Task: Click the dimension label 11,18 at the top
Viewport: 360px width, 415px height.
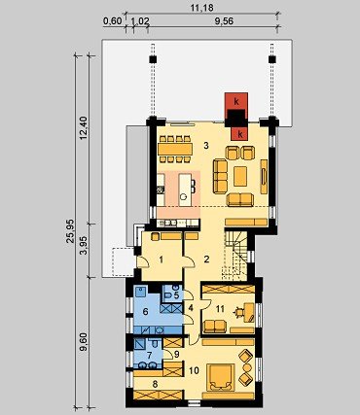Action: (201, 8)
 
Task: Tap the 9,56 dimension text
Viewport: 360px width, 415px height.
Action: (224, 21)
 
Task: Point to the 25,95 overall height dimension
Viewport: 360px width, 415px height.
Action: (70, 231)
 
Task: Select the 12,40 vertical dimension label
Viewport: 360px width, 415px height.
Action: (84, 128)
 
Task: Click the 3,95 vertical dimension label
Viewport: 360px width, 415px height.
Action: (84, 246)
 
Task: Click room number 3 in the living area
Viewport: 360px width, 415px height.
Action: (206, 146)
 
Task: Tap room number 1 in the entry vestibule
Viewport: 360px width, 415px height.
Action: (162, 259)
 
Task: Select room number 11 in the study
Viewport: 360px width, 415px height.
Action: (220, 309)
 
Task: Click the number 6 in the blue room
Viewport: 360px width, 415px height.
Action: (145, 312)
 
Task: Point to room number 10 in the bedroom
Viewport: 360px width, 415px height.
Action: (194, 370)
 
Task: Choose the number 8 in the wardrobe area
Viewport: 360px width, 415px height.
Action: (155, 385)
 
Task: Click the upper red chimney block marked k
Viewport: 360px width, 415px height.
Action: (236, 101)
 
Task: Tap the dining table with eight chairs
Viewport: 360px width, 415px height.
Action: (175, 149)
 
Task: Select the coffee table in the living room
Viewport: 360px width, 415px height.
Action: (240, 176)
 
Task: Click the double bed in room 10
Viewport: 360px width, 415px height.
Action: (222, 376)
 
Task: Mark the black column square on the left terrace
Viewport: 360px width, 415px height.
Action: (153, 59)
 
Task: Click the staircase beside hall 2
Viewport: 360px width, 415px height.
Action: (235, 256)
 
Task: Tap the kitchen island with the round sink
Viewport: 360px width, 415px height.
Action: (184, 190)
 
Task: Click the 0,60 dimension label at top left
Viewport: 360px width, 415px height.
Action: (112, 21)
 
